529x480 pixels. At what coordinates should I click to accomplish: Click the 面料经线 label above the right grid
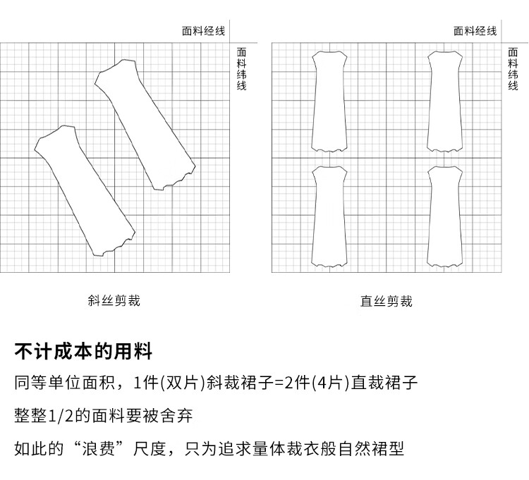(475, 31)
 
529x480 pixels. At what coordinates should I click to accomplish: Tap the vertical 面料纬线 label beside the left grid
(241, 69)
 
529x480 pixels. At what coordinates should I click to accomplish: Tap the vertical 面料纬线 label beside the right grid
(513, 69)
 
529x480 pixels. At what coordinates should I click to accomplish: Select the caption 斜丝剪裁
(114, 301)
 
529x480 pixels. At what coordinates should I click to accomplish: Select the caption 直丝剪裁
(386, 302)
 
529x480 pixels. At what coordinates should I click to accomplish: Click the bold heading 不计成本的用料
(83, 352)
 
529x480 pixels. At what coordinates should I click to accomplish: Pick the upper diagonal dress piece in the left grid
(145, 124)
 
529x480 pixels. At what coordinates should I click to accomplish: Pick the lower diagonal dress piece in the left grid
(84, 190)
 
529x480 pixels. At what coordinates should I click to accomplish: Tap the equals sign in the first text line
(279, 383)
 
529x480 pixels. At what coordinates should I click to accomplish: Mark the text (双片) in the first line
(182, 383)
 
